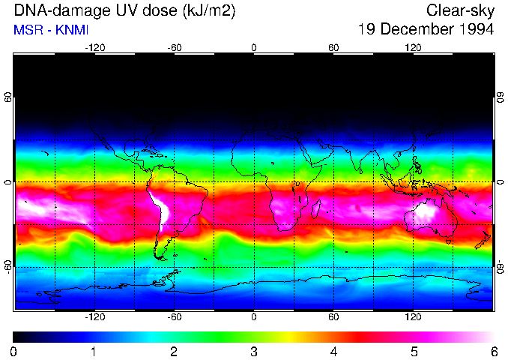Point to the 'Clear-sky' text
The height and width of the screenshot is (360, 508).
[x=460, y=11]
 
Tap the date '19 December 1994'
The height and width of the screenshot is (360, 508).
[x=426, y=30]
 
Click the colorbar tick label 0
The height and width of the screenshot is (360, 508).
[x=14, y=351]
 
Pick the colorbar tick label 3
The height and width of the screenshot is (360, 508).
[x=253, y=351]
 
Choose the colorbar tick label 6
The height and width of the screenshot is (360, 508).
[x=493, y=351]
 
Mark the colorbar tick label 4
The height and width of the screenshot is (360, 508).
[x=333, y=351]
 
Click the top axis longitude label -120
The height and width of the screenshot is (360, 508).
[x=94, y=47]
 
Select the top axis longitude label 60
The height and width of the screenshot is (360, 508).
[x=333, y=47]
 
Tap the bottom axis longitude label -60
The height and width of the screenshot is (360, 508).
[x=175, y=317]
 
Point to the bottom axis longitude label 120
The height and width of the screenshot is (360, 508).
[x=413, y=317]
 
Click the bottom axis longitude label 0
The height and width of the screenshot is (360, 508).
[x=254, y=317]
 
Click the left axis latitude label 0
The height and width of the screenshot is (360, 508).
[x=8, y=182]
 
